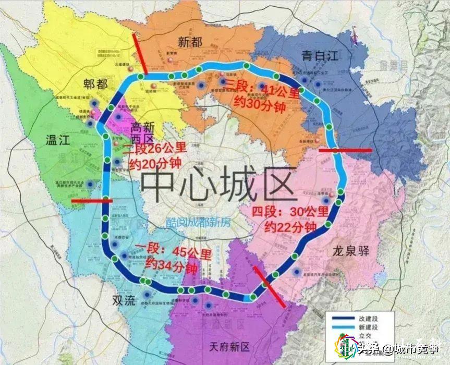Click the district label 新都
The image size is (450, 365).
click(x=189, y=42)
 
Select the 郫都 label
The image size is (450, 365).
click(x=95, y=83)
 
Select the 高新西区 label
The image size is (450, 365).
click(x=144, y=133)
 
